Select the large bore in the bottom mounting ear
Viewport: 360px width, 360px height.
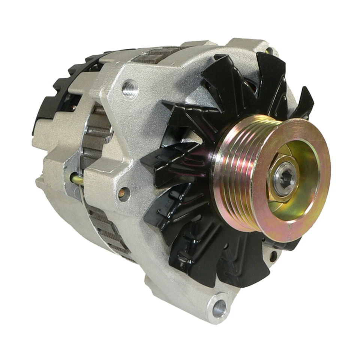pos(219,308)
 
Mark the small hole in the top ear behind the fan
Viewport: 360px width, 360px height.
pos(269,50)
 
